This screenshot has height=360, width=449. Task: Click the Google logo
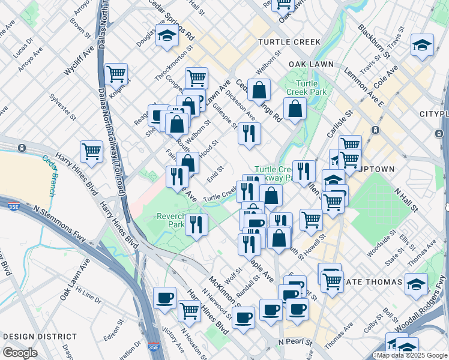coord(20,353)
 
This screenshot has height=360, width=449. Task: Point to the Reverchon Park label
coord(170,220)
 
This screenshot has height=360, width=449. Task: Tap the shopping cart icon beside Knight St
coord(116,75)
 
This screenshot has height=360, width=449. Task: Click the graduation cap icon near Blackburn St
coord(422,46)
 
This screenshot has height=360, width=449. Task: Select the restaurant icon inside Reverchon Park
coord(196,225)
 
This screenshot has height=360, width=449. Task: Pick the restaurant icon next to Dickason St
coord(249,133)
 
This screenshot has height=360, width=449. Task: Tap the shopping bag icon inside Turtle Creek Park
coord(295,109)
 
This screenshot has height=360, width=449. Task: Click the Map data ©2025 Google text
coord(411,355)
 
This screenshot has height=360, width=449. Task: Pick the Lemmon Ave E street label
coord(363,83)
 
